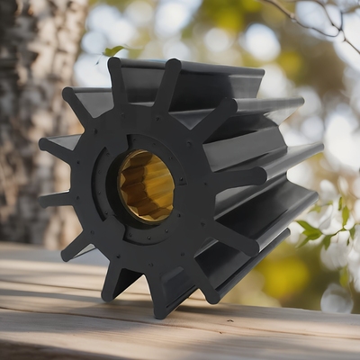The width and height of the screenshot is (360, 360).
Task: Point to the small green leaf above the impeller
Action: pos(114,50)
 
